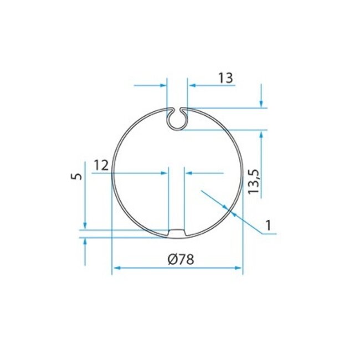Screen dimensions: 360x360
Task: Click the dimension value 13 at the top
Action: click(x=225, y=78)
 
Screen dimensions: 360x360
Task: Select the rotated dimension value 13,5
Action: click(x=254, y=181)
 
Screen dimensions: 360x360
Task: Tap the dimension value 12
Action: click(x=100, y=165)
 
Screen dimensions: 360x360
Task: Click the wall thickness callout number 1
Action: click(x=268, y=225)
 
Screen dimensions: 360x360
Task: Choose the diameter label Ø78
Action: click(x=180, y=259)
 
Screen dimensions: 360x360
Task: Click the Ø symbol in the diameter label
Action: click(x=171, y=259)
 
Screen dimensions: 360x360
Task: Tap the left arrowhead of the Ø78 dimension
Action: click(x=116, y=268)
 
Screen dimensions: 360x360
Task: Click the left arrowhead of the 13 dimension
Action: click(x=163, y=85)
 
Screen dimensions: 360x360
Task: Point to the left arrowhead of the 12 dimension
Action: click(x=164, y=173)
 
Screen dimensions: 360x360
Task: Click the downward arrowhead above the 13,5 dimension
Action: click(x=260, y=104)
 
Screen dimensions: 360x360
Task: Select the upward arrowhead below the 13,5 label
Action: click(x=260, y=133)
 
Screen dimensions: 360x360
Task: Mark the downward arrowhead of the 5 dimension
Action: click(x=84, y=225)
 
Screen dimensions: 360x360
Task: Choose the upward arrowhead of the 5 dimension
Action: click(x=84, y=241)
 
